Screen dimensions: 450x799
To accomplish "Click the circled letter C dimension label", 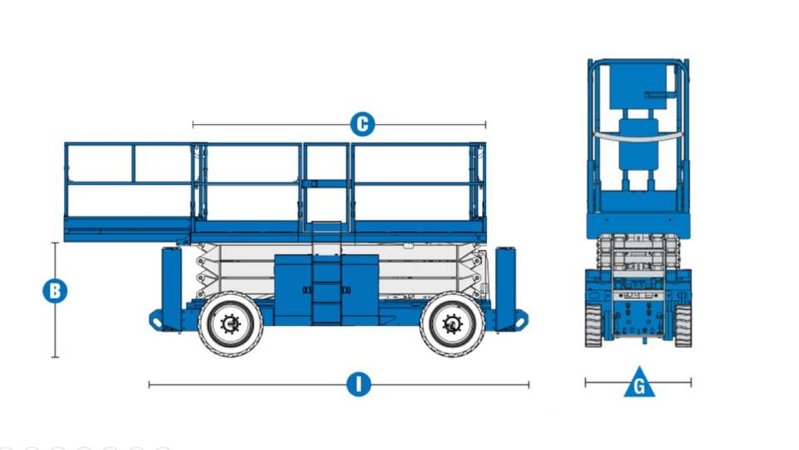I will pos(361,125).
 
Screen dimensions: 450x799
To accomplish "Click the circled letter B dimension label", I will pos(55,292).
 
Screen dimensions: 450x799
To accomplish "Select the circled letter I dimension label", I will pos(358,384).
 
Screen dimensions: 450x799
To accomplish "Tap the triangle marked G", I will pos(639,383).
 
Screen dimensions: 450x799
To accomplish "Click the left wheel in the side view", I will pos(231,323).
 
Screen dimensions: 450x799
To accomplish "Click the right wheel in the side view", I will pos(452,323).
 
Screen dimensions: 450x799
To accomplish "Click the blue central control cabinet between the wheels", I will pos(326,289).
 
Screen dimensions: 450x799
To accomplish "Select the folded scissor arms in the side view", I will pos(241,271).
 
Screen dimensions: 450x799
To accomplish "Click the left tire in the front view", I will pos(593,325).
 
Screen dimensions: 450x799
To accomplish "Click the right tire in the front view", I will pos(683,325).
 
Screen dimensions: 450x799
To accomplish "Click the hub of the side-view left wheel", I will pos(231,323).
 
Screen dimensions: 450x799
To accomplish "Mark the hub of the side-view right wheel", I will pos(452,323).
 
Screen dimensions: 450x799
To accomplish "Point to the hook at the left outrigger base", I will pos(155,319).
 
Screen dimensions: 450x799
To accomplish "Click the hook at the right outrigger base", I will pos(522,319).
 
